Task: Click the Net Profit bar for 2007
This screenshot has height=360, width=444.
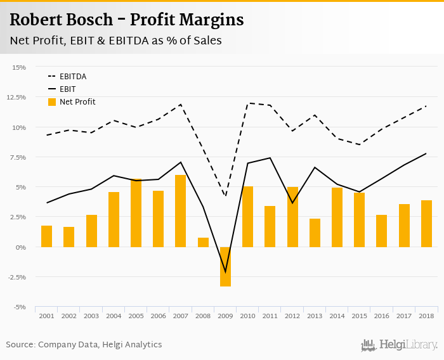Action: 180,211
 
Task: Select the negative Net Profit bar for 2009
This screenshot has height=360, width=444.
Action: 225,266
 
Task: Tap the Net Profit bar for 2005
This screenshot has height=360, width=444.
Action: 136,213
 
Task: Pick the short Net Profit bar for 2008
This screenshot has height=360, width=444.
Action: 203,242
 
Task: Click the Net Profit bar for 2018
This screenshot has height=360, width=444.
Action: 426,224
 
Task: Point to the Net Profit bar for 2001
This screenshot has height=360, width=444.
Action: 46,236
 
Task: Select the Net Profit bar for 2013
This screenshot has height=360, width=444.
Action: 315,233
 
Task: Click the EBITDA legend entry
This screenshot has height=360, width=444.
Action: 73,77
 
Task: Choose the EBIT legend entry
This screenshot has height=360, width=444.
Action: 67,89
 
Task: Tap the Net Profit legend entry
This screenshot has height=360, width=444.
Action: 77,102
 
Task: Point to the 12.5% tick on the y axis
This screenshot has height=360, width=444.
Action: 17,97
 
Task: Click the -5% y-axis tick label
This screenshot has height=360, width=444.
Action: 19,307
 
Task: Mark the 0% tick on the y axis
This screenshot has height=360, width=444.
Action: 21,247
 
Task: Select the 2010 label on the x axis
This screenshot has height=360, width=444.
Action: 247,315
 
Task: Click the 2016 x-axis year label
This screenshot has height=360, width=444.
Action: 381,315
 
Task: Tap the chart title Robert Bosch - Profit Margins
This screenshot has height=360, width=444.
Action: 126,20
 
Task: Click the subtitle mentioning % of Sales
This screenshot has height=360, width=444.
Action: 115,40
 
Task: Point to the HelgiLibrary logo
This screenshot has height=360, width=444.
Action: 399,345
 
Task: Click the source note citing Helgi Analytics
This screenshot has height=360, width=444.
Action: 84,345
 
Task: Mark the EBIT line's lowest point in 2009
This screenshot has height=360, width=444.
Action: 225,273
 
